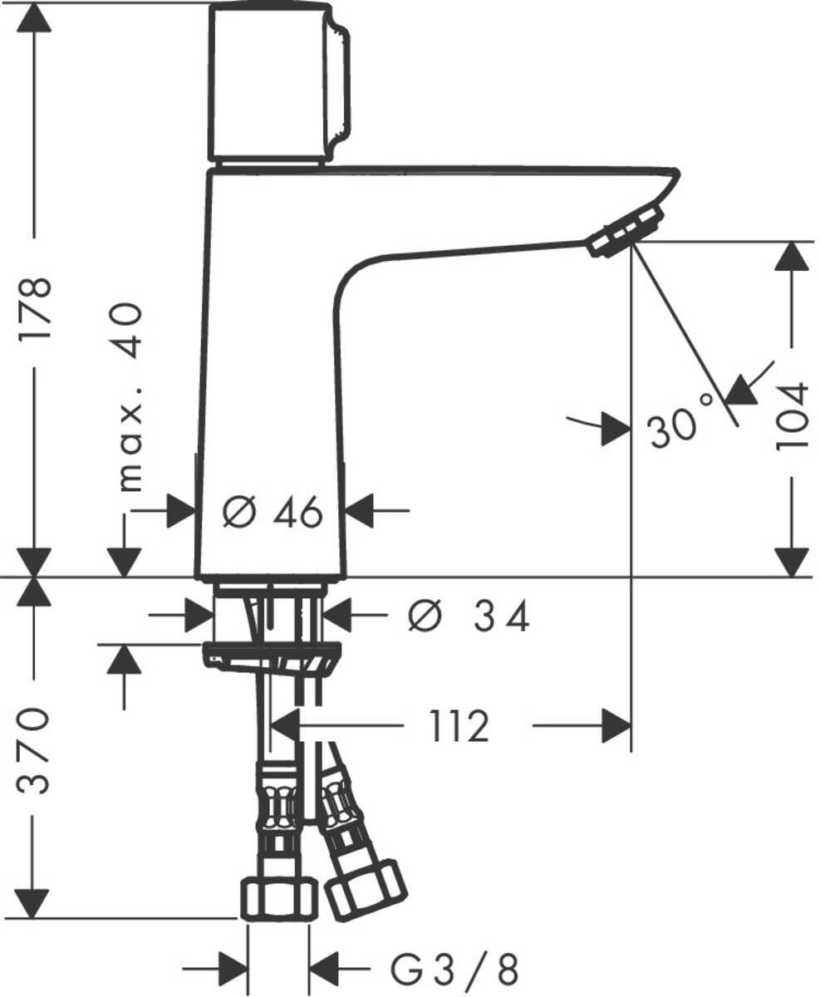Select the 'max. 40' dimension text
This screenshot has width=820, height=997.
coord(129,397)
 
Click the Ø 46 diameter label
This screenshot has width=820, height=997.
coord(273,513)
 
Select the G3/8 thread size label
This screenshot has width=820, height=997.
coord(454,969)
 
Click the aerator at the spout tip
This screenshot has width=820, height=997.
coord(626,233)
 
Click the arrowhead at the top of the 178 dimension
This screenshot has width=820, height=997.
coord(35,17)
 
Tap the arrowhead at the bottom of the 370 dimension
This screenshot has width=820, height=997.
coord(35,904)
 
